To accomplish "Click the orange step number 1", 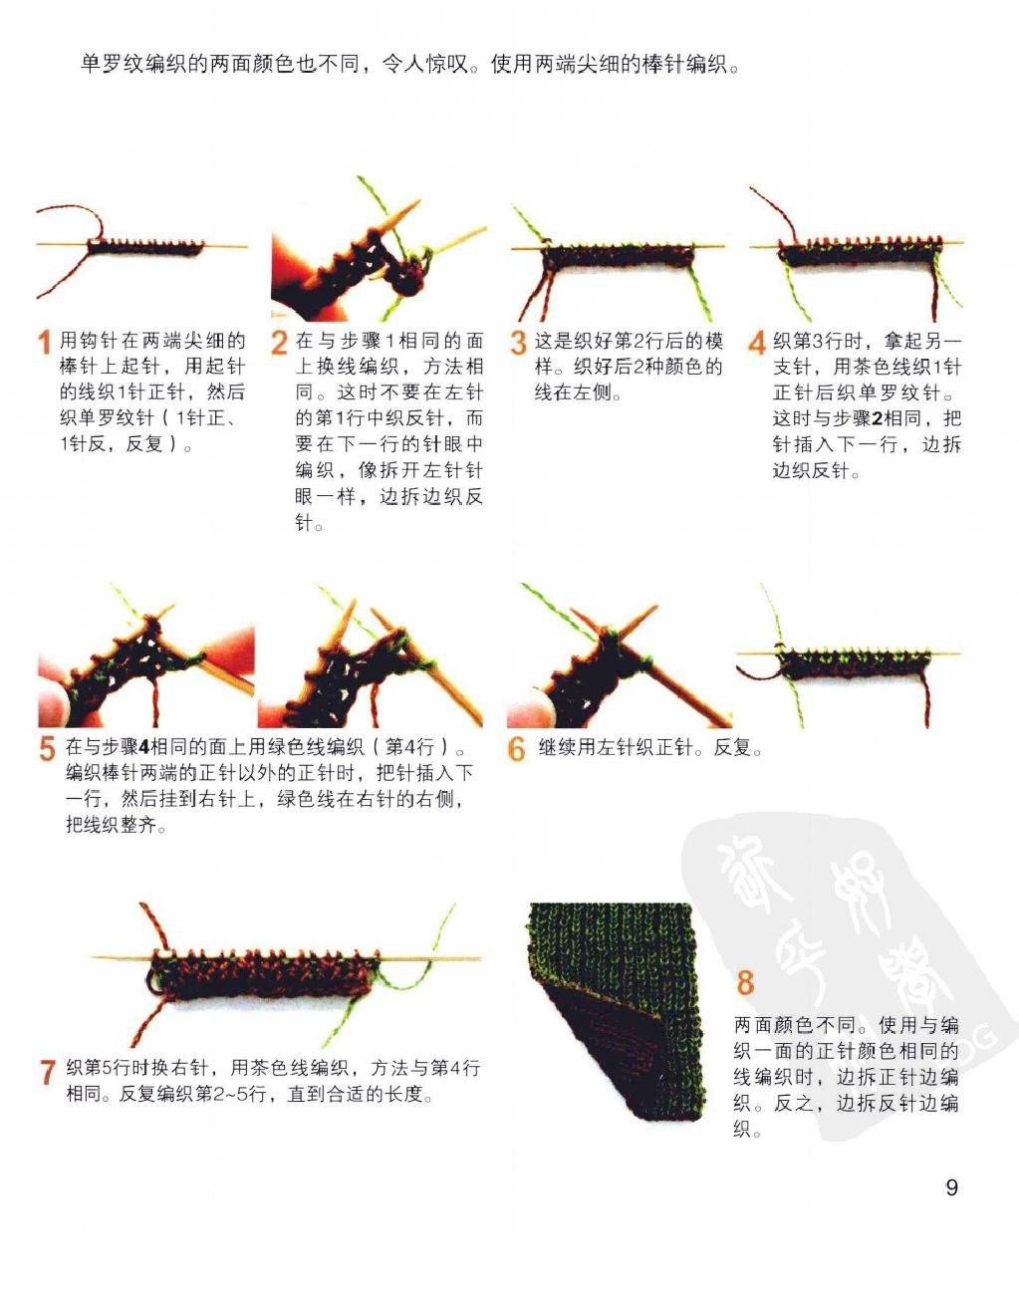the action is click(x=45, y=343).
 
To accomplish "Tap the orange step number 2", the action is click(x=279, y=343).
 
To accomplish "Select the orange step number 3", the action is click(x=518, y=343).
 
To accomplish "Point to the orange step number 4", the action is click(x=756, y=343).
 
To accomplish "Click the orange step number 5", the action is click(x=48, y=748).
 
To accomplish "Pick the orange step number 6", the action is click(x=516, y=748).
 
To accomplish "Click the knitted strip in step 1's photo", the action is click(x=145, y=247).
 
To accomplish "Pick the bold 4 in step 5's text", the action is click(x=143, y=748).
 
